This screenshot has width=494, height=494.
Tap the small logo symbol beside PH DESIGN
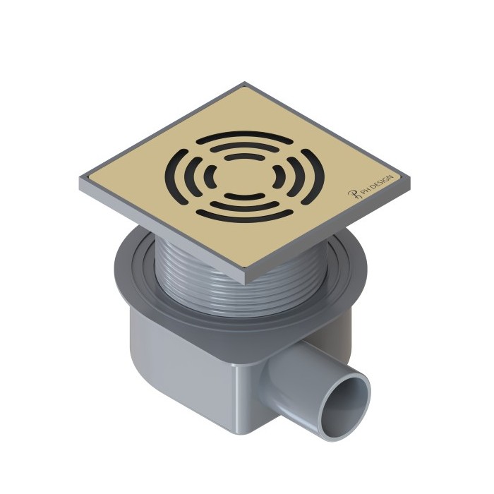[356, 198]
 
